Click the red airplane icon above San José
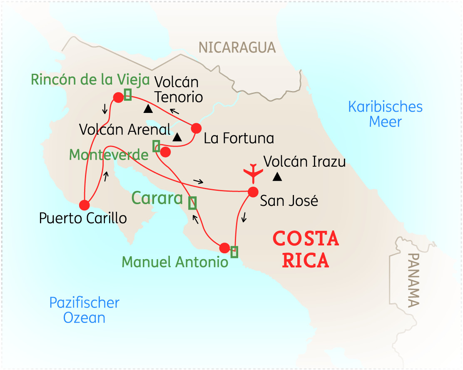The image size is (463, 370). click(253, 173)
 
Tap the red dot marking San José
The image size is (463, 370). click(253, 192)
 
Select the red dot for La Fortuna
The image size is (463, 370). click(196, 128)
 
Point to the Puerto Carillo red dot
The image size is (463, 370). click(85, 205)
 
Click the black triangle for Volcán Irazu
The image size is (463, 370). click(277, 177)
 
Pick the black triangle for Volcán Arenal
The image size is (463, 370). click(177, 137)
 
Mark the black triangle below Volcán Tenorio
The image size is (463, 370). click(148, 109)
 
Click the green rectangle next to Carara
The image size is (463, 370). click(192, 202)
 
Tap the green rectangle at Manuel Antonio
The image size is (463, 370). click(234, 252)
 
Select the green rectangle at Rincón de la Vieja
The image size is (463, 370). click(128, 95)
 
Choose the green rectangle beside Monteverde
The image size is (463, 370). click(156, 146)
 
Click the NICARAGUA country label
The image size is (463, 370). click(237, 47)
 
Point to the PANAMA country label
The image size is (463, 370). click(413, 280)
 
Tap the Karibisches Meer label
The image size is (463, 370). click(385, 114)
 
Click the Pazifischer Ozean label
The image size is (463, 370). click(84, 310)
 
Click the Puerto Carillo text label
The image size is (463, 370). click(83, 218)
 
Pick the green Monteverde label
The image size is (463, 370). click(109, 155)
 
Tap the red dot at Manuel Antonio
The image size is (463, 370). click(224, 248)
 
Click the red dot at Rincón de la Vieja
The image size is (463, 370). click(118, 97)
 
